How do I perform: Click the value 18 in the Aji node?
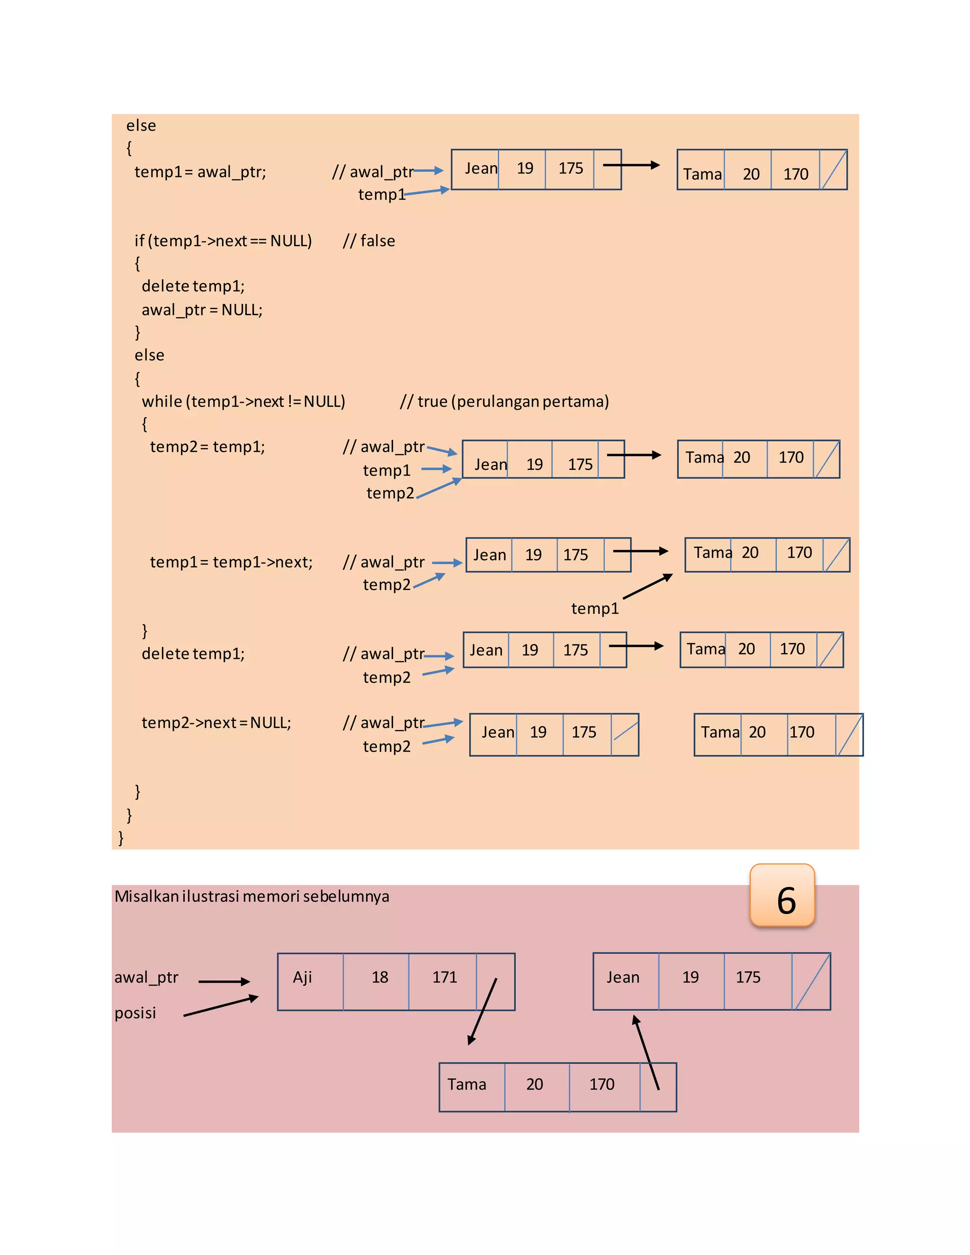coord(379,977)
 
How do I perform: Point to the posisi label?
coord(135,1013)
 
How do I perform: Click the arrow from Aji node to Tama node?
coord(482,1012)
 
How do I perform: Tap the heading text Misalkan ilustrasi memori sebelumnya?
coord(251,896)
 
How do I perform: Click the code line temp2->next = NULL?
coord(216,722)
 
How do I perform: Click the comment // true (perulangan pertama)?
coord(504,401)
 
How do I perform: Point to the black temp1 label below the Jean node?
coord(595,608)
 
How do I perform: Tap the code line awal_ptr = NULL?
coord(202,310)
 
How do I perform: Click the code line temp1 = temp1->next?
coord(231,562)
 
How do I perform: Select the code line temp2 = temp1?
coord(207,447)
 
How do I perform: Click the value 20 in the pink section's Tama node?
coord(534,1085)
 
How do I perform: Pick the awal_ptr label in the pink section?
coord(146,977)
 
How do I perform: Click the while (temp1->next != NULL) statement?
coord(243,401)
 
